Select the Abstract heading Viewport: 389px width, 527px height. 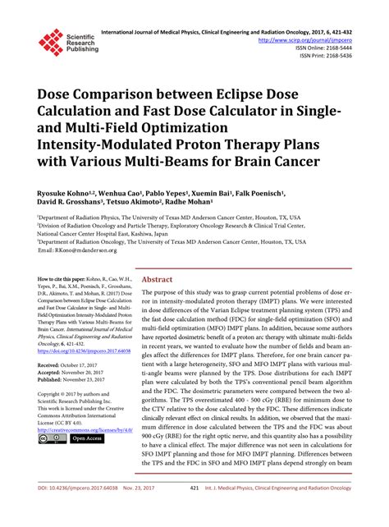pyautogui.click(x=157, y=278)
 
